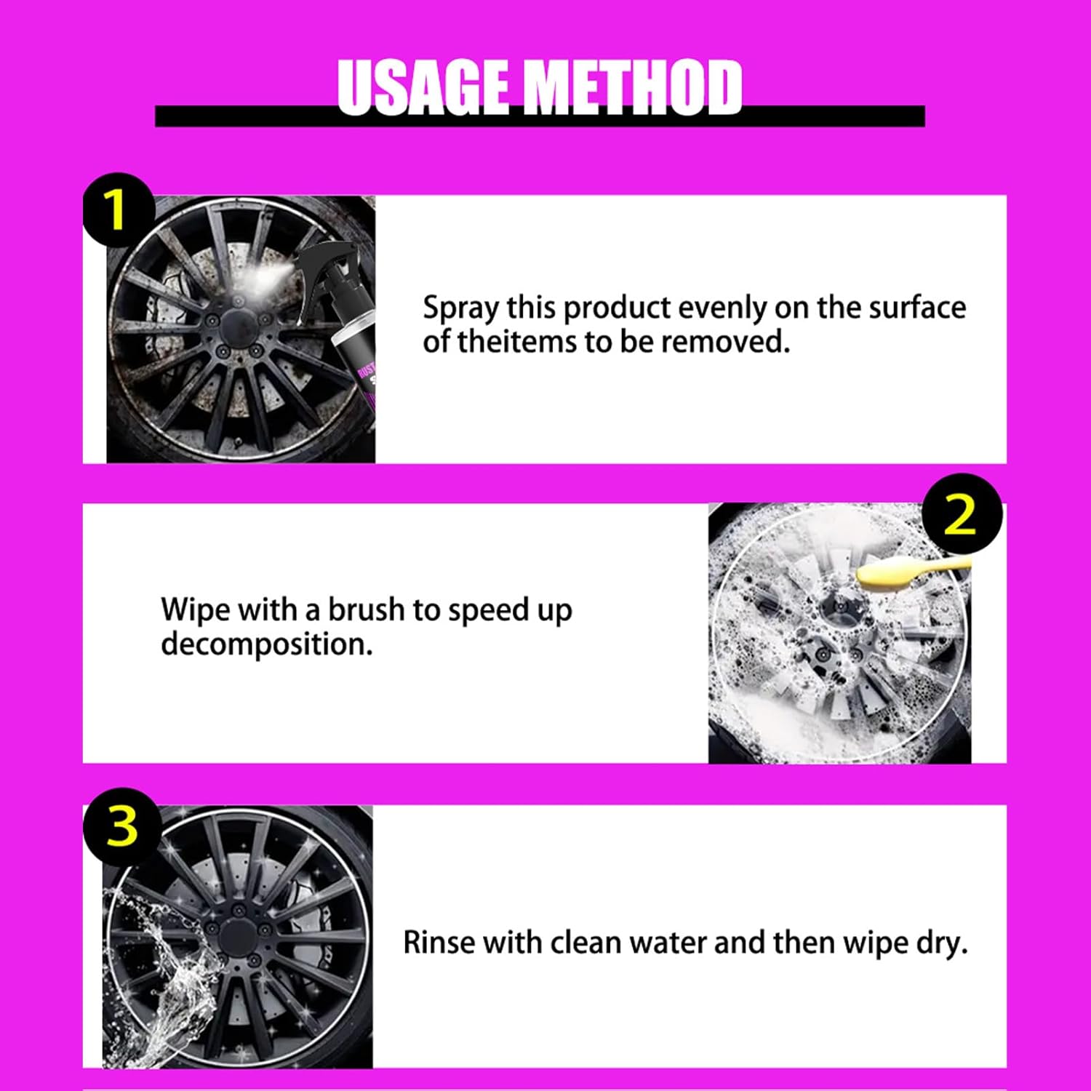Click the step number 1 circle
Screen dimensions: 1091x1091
tap(118, 210)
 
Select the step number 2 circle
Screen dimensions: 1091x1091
tap(962, 514)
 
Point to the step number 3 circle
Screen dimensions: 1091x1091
tap(121, 826)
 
